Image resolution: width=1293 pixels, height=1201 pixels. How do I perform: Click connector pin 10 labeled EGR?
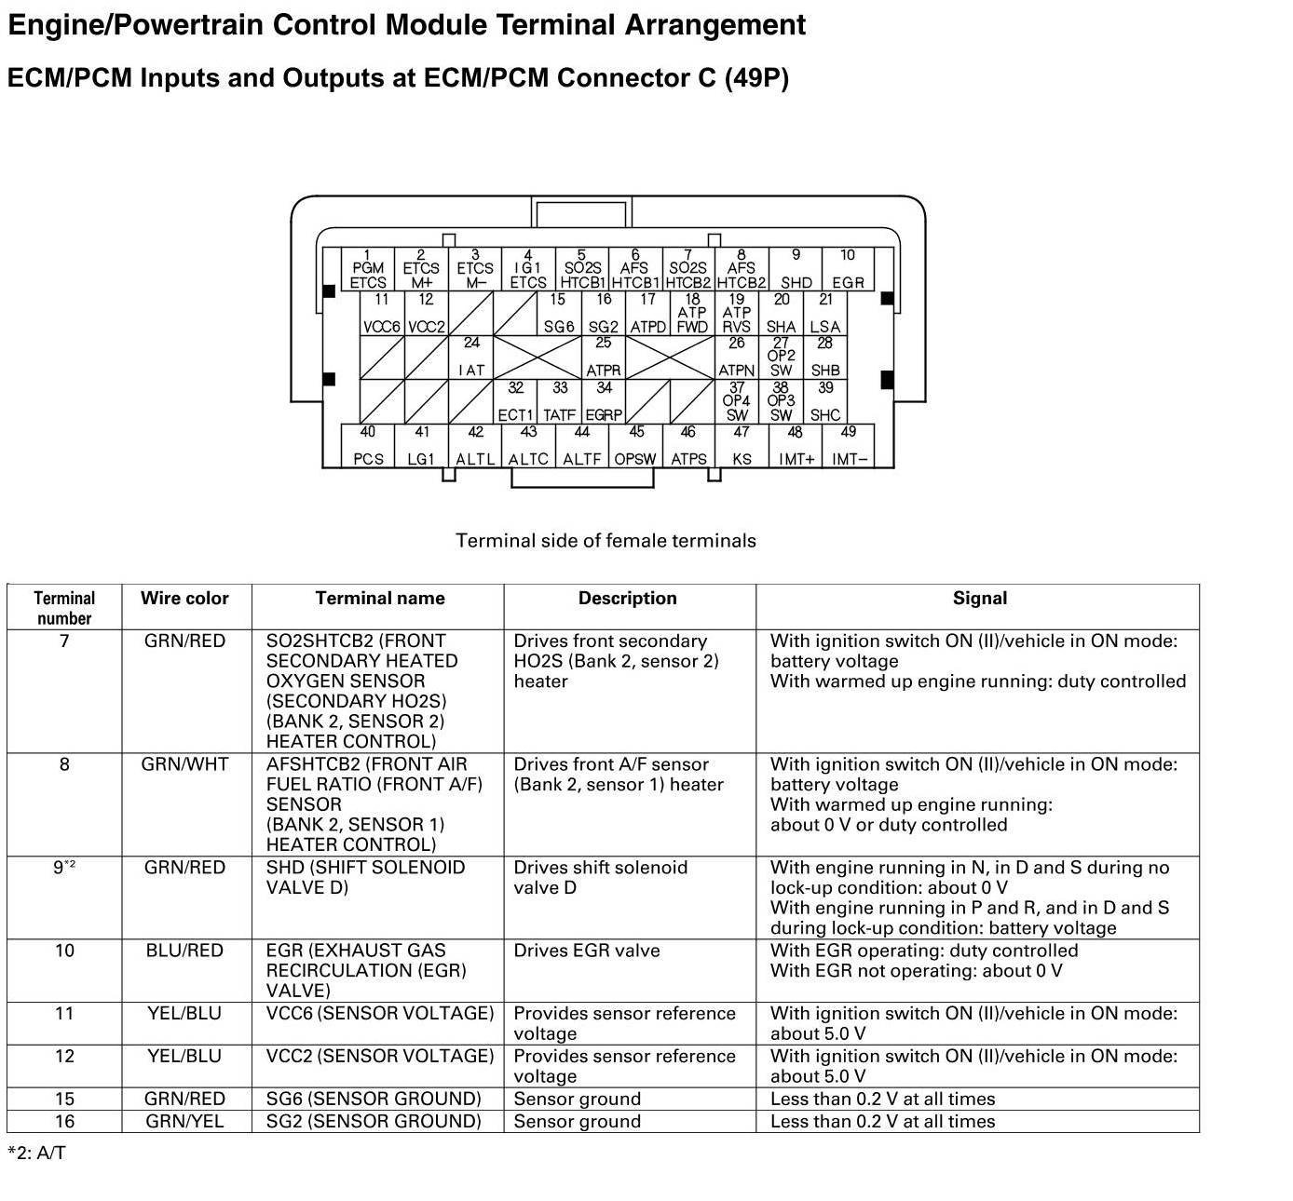(848, 269)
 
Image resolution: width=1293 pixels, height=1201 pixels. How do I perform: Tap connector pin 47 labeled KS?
(742, 446)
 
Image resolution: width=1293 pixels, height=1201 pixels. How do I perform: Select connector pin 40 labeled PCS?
(368, 446)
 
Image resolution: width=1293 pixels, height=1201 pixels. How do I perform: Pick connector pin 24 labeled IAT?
(472, 358)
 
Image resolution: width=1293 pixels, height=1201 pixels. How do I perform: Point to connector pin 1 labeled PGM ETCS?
(368, 269)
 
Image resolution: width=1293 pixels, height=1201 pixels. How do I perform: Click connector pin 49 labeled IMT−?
(849, 446)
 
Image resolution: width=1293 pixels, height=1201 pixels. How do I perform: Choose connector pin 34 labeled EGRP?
(604, 402)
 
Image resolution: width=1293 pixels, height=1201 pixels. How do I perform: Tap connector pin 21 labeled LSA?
(825, 314)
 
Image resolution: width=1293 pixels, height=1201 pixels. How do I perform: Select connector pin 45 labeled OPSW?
(635, 446)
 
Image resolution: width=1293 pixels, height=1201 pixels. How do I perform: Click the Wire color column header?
(184, 599)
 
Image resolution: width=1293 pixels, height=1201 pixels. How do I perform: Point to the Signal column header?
(979, 599)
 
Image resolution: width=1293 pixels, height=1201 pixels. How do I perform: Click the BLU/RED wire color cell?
(184, 951)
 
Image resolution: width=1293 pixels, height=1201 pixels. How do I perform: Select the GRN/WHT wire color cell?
(184, 764)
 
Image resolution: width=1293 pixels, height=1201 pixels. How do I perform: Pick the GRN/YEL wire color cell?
(184, 1122)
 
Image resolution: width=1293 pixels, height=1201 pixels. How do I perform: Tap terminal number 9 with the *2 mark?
(64, 868)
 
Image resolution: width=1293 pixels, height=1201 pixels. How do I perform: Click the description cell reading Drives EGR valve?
(587, 951)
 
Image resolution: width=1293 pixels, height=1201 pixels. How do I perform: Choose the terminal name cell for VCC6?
(379, 1013)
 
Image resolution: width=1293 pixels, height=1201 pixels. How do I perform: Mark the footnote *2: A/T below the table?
(37, 1154)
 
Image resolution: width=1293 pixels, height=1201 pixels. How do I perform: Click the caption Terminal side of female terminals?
(606, 541)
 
